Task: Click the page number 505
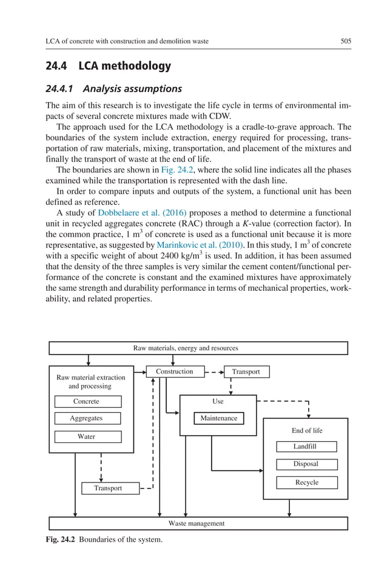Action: pyautogui.click(x=346, y=41)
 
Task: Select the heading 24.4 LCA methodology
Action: pyautogui.click(x=109, y=66)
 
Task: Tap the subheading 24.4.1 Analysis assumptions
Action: pyautogui.click(x=113, y=88)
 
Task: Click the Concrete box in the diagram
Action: pyautogui.click(x=87, y=401)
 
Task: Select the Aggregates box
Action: pyautogui.click(x=87, y=418)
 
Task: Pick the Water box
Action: pyautogui.click(x=87, y=436)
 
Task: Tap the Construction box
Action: pyautogui.click(x=175, y=372)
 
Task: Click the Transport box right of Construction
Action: pyautogui.click(x=246, y=372)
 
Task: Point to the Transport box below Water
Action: pyautogui.click(x=108, y=488)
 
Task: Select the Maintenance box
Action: pyautogui.click(x=219, y=418)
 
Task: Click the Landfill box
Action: pyautogui.click(x=306, y=447)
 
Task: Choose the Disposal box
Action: pyautogui.click(x=306, y=464)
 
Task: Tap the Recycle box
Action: pyautogui.click(x=306, y=482)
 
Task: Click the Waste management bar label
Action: pyautogui.click(x=196, y=523)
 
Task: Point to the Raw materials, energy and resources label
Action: pyautogui.click(x=186, y=348)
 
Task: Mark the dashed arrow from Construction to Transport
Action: pyautogui.click(x=214, y=372)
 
